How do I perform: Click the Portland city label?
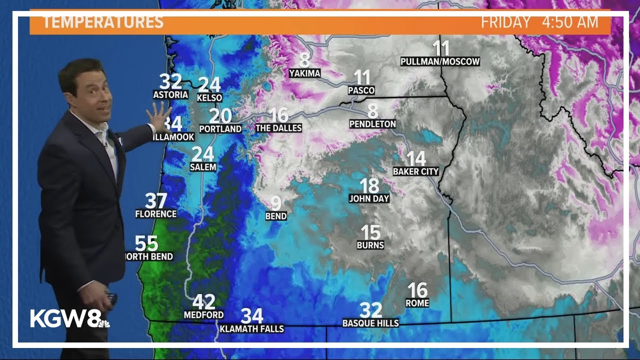[x=220, y=128]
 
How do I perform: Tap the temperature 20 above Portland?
[x=220, y=116]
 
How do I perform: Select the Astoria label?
[x=170, y=94]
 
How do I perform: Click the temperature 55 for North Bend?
[x=146, y=244]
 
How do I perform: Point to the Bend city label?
[x=276, y=216]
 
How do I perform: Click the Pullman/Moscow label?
[x=440, y=61]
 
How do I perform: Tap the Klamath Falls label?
[x=252, y=328]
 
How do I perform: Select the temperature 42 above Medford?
[x=204, y=302]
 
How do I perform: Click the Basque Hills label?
[x=370, y=323]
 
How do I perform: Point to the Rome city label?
[x=417, y=303]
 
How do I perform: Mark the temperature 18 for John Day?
[x=369, y=186]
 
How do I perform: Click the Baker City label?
[x=415, y=171]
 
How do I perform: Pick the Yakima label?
[x=304, y=73]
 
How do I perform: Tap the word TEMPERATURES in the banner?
[x=103, y=22]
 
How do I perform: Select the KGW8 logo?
[x=69, y=318]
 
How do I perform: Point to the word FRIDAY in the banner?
[x=505, y=22]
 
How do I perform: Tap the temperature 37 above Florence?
[x=156, y=201]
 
